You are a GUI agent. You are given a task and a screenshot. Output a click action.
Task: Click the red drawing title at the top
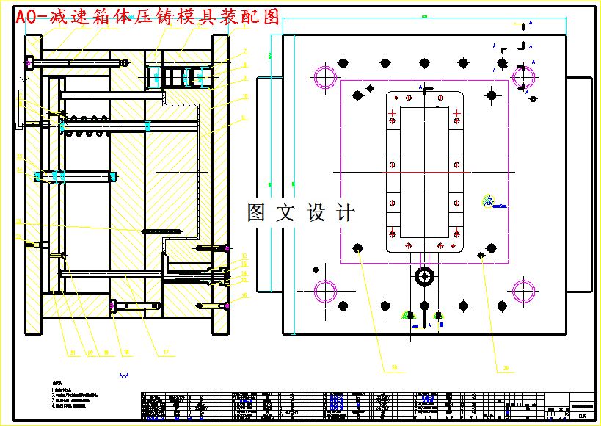[x=147, y=18]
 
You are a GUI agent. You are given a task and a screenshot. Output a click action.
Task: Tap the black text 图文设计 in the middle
[x=301, y=213]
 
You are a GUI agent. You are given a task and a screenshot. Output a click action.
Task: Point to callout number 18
[x=126, y=353]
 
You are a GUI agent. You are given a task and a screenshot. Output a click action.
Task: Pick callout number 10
[x=245, y=96]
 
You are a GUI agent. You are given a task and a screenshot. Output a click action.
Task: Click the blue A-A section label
[x=123, y=375]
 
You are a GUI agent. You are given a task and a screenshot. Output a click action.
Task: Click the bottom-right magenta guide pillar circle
[x=524, y=291]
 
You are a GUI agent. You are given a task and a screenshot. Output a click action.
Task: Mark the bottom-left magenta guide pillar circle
[x=325, y=291]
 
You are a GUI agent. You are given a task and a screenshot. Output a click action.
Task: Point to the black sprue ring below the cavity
[x=424, y=276]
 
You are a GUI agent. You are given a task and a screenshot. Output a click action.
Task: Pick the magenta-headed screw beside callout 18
[x=114, y=306]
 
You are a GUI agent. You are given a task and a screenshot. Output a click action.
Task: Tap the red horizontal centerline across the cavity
[x=424, y=172]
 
